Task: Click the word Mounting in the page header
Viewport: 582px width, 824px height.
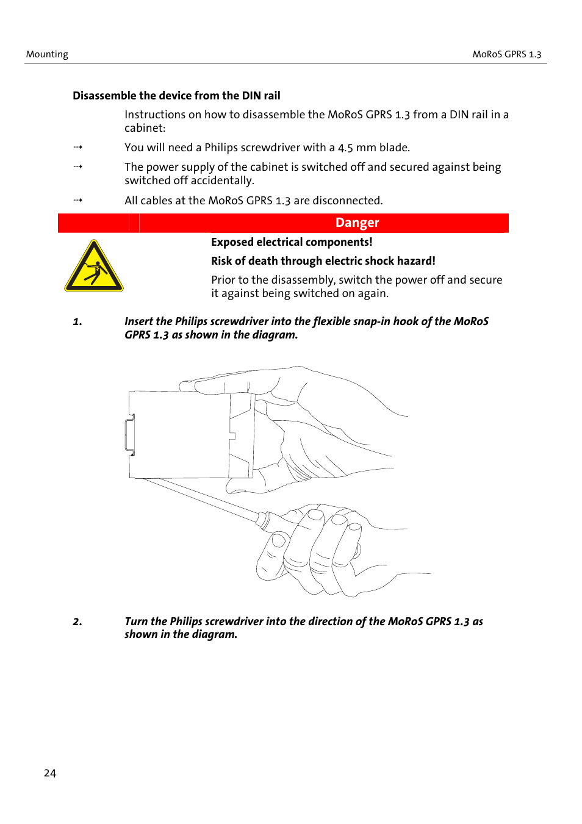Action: tap(47, 54)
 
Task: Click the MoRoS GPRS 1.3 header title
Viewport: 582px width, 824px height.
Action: tap(506, 54)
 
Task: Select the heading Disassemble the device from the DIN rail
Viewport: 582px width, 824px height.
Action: tap(176, 96)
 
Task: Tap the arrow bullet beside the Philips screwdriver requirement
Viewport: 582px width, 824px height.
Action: tap(77, 147)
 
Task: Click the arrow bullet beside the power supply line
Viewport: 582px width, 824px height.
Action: tap(77, 167)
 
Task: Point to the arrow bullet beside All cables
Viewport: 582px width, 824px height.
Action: tap(77, 200)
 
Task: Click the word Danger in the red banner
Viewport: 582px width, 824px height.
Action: tap(357, 223)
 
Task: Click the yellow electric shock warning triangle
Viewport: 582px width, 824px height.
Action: tap(94, 267)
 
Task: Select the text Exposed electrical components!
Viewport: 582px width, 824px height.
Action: tap(291, 242)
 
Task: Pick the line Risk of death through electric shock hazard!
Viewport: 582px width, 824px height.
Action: tap(323, 261)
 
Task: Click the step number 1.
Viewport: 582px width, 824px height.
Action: tap(77, 321)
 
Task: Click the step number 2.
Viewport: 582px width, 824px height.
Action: tap(77, 622)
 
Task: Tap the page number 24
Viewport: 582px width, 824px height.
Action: tap(50, 773)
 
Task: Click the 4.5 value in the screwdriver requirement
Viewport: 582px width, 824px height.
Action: tap(345, 148)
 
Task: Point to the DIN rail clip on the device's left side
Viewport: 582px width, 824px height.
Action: tap(130, 435)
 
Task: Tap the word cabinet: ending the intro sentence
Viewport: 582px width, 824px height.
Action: tap(145, 128)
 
